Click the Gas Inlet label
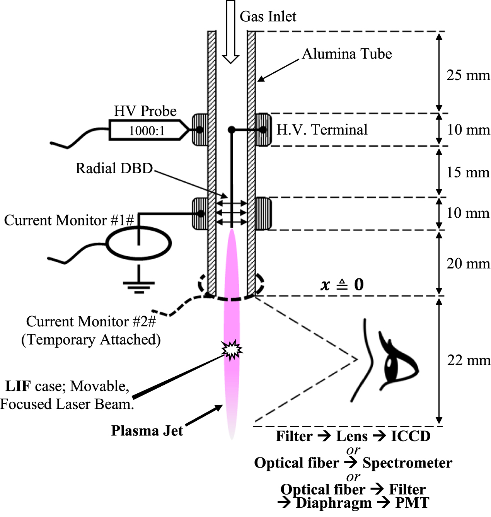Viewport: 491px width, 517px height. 268,16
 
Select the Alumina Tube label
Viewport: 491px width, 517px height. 347,54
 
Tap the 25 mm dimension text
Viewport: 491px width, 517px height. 468,75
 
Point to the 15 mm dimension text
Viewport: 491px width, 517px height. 468,172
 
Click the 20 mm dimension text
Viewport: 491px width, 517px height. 468,264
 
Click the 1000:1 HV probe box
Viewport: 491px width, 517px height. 147,130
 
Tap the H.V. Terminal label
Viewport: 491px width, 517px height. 322,130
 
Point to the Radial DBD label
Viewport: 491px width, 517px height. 114,168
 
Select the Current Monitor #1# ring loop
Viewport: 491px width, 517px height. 138,244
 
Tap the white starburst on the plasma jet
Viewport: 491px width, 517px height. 231,350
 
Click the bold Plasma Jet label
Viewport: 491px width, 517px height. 147,430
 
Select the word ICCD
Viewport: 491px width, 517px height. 411,436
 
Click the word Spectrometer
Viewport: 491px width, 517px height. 407,463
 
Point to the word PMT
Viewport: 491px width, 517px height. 412,503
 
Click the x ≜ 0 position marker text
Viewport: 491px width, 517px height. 342,285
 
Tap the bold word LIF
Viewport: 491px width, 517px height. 18,386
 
